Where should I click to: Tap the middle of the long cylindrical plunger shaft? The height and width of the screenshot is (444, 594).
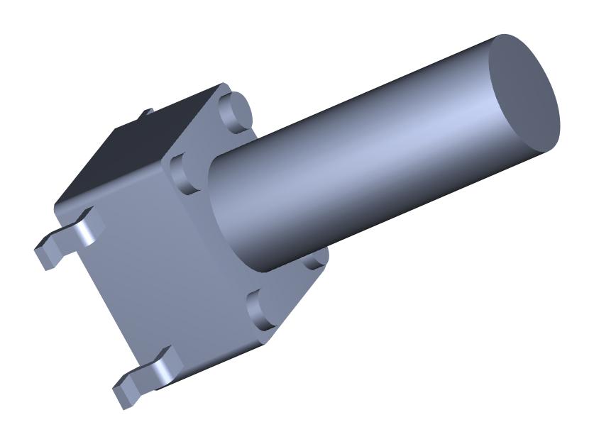click(376, 152)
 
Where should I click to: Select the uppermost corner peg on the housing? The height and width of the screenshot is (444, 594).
click(235, 110)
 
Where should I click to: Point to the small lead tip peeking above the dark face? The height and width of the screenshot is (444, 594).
click(147, 112)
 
